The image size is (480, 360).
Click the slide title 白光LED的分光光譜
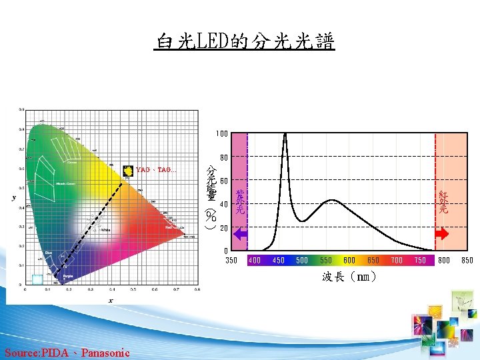[244, 41]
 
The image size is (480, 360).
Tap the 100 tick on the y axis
[221, 134]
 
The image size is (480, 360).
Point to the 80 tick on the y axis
[224, 158]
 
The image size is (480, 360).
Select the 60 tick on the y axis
[224, 181]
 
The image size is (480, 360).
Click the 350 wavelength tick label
[232, 260]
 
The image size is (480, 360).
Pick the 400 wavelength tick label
[254, 260]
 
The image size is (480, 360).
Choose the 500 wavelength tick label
[302, 260]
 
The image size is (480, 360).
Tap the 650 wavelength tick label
[373, 260]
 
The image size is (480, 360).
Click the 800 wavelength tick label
[444, 260]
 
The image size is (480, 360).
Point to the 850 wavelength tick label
[467, 260]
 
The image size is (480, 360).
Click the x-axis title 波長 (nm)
[350, 277]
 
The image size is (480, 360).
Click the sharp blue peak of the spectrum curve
[285, 135]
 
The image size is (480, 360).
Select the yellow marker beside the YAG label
[128, 170]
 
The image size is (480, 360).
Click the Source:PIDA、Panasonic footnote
[67, 352]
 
